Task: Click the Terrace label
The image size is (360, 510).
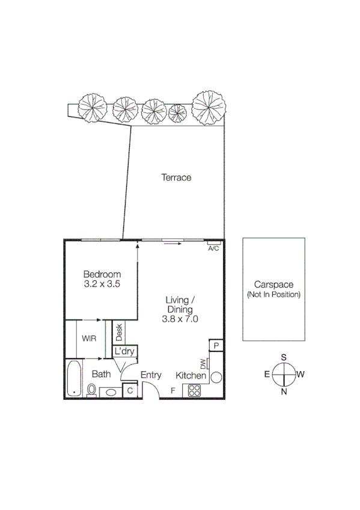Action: click(x=175, y=178)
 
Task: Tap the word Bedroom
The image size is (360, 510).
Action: click(x=102, y=274)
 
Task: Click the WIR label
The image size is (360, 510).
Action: click(x=89, y=339)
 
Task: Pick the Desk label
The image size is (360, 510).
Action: click(x=118, y=331)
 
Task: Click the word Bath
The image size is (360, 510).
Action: click(x=101, y=374)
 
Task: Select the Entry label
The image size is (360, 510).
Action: click(x=151, y=375)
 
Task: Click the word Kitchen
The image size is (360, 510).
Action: click(x=191, y=376)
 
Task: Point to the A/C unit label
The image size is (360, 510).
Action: click(x=213, y=248)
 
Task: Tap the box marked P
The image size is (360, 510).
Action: click(x=215, y=345)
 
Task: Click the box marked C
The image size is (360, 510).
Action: click(x=130, y=390)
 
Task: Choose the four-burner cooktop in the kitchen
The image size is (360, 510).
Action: click(x=194, y=390)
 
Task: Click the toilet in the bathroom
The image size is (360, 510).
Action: click(x=91, y=390)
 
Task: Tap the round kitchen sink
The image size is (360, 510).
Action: click(x=216, y=377)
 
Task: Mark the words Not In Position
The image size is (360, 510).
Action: click(x=273, y=295)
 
